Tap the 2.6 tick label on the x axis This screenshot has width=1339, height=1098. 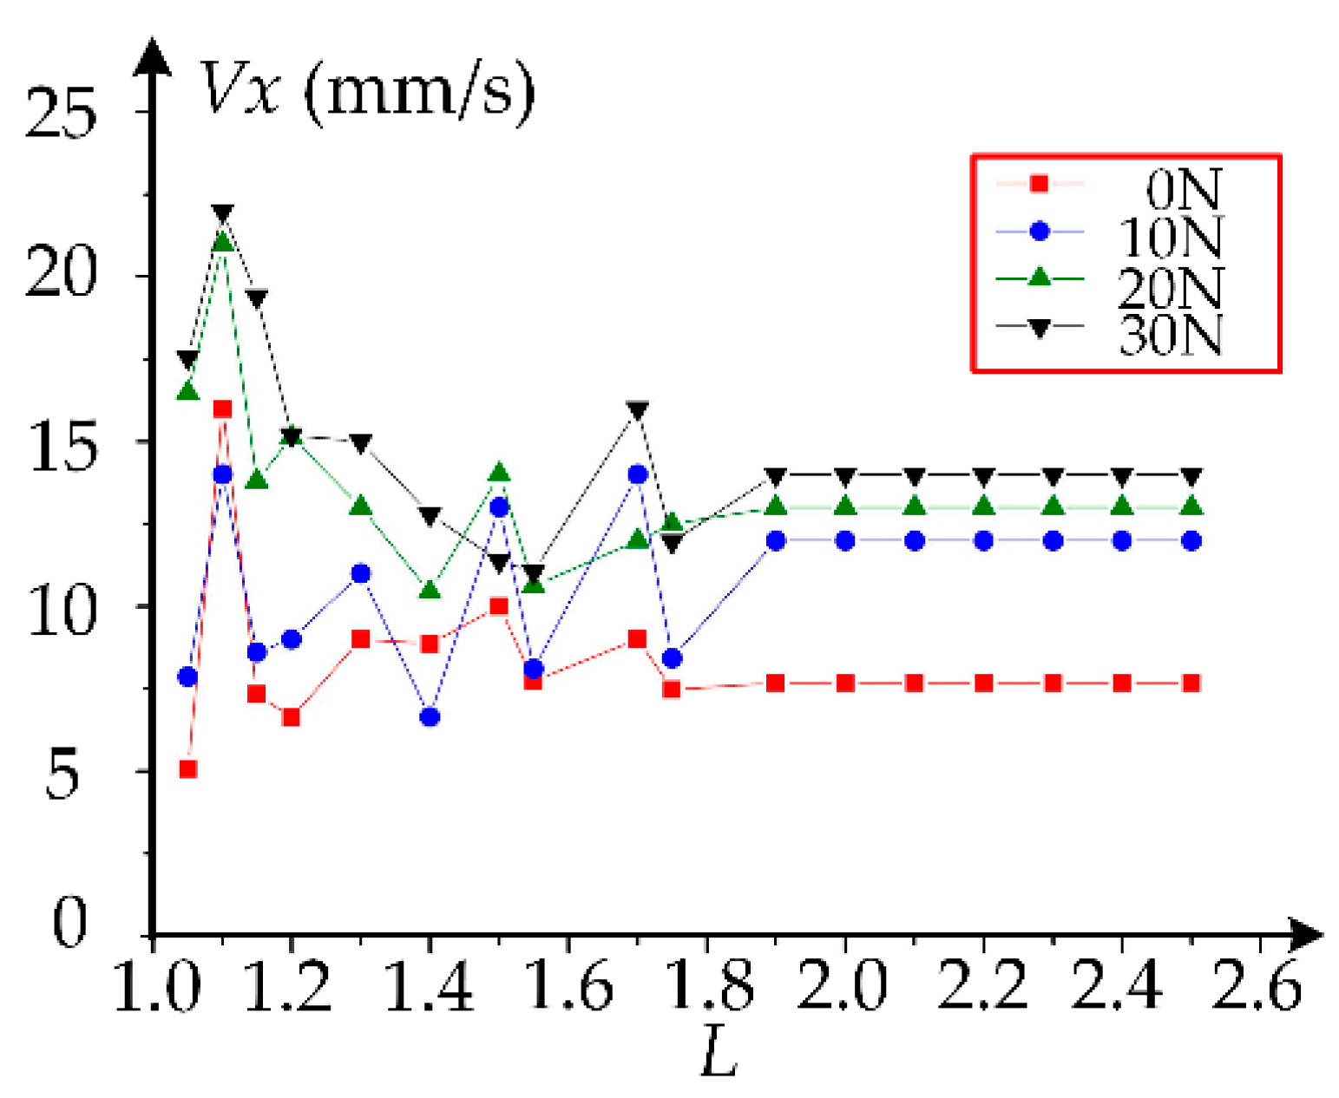tap(1257, 989)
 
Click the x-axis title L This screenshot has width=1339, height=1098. tap(719, 1052)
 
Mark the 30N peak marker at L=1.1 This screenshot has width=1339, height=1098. tap(222, 213)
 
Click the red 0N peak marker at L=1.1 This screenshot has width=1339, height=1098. tap(222, 409)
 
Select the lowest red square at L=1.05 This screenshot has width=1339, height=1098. tap(187, 769)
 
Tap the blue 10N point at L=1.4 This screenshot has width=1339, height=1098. tap(430, 717)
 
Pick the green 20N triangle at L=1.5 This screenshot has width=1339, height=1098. tap(499, 473)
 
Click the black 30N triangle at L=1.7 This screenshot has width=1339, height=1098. tap(638, 410)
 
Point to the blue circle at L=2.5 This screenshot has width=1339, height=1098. tap(1191, 540)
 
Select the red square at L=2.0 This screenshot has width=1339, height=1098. tap(846, 683)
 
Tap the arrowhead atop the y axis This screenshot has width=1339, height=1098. tap(154, 57)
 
